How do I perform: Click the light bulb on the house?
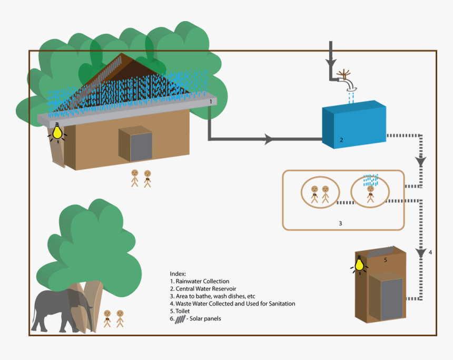tap(57, 132)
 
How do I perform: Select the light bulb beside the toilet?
tap(360, 264)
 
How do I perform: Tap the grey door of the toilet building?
tap(391, 299)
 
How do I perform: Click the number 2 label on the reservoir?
tap(341, 140)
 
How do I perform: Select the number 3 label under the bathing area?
tap(340, 223)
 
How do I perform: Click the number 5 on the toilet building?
tap(385, 260)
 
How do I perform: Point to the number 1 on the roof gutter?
tap(211, 100)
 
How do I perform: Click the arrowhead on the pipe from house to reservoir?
tap(269, 140)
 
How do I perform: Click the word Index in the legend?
tap(179, 274)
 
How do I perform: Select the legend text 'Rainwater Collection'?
tap(202, 281)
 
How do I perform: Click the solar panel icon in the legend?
tap(180, 319)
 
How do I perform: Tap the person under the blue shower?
tap(371, 193)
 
